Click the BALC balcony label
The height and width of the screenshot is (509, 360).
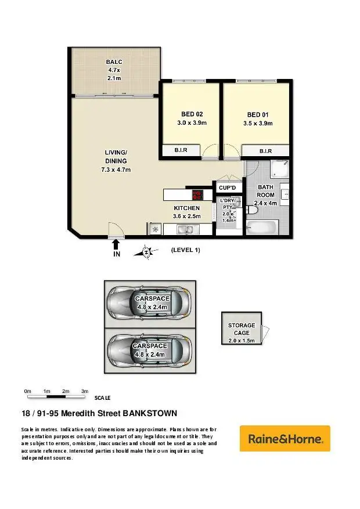coord(113,70)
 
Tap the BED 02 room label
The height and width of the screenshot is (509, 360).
coord(192,118)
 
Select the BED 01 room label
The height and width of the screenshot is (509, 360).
coord(257,118)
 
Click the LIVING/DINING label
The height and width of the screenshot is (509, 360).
coord(116,161)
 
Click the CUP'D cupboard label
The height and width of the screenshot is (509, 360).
coord(227,188)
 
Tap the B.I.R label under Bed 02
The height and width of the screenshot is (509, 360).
coord(181,151)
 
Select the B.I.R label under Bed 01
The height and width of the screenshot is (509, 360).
coord(265,151)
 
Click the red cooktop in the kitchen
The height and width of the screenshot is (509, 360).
coord(197,194)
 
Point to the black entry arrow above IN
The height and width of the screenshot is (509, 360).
coord(116,244)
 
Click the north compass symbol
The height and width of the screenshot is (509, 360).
coord(147,251)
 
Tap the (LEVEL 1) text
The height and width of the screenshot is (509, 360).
coord(185,250)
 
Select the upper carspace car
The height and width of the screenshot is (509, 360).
coord(149,302)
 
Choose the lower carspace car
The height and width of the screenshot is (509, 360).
coord(149,350)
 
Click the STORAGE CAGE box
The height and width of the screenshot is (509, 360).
coord(241,328)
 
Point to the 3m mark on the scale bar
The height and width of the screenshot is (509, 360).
coord(84,392)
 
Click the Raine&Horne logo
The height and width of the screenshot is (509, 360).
coord(285,439)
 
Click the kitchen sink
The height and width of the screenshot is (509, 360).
coord(187,230)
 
